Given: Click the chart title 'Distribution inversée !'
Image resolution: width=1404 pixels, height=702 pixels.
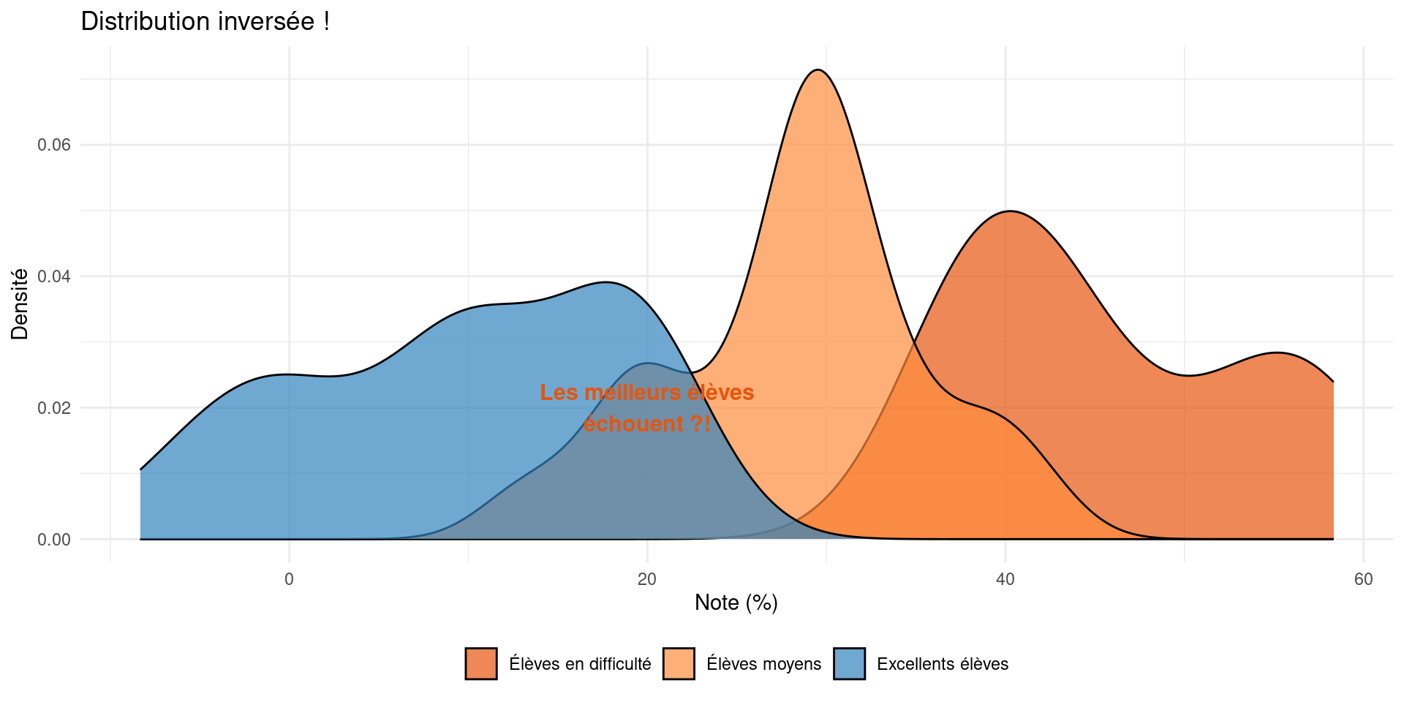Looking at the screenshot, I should (x=205, y=21).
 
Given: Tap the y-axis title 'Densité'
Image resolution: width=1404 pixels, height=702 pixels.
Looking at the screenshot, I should (x=20, y=304).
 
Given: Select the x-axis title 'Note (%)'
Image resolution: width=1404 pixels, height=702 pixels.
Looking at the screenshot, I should (x=736, y=603).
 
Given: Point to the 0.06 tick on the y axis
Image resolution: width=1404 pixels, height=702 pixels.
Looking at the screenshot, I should (x=54, y=145).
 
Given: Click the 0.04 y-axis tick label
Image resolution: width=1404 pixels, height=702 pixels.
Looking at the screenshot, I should (x=54, y=276).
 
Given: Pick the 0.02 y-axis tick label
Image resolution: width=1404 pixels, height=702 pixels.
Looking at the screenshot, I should (x=54, y=408).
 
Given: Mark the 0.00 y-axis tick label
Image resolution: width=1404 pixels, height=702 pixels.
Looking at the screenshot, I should (x=54, y=540).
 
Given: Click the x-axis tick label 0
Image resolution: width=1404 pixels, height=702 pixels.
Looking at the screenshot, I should (x=289, y=580).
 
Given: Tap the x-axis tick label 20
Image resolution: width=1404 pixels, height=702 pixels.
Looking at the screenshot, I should (x=647, y=580).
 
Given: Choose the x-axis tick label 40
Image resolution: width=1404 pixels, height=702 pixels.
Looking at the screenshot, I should (x=1005, y=580).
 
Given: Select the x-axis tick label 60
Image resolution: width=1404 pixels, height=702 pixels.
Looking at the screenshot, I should (x=1363, y=580).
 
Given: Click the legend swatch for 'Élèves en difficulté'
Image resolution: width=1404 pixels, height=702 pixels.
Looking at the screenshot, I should (x=481, y=664).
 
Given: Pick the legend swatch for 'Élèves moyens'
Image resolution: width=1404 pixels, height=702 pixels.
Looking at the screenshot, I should (x=679, y=664).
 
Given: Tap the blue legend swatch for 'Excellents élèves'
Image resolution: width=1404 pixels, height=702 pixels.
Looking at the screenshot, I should (x=849, y=664).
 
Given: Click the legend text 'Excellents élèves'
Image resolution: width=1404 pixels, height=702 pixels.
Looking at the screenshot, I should (x=942, y=664).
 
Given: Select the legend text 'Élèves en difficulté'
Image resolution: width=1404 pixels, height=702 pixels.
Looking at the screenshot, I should (x=580, y=664).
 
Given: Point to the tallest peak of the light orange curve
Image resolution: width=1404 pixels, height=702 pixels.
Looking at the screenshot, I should (x=818, y=70).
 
